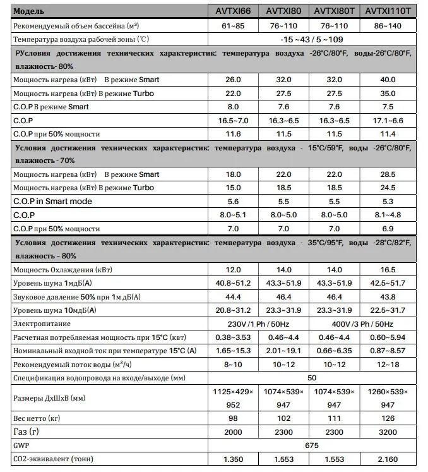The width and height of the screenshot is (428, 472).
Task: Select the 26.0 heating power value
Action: [x=234, y=80]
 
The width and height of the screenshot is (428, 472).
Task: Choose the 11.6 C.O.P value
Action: [x=234, y=134]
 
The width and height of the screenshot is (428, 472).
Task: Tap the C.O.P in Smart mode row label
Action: [x=52, y=201]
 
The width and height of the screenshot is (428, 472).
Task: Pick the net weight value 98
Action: [x=234, y=418]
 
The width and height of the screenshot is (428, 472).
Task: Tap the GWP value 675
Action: [x=311, y=445]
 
